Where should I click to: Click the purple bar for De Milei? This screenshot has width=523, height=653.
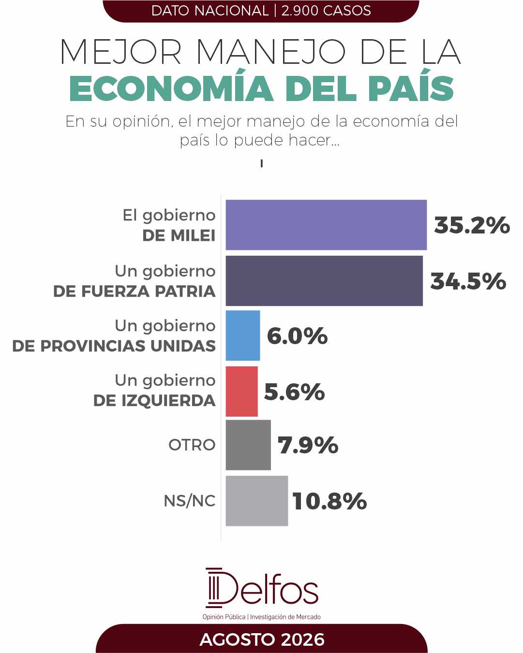tap(326, 225)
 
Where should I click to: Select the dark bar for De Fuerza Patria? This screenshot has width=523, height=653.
tap(324, 281)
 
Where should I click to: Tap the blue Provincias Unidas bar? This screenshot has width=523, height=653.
tap(243, 335)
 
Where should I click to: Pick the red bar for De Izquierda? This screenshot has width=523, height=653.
tap(241, 391)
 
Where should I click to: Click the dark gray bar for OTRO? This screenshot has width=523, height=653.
tap(248, 445)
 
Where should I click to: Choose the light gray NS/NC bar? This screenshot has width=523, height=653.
tap(256, 501)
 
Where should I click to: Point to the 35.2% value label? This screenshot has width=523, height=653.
tap(472, 225)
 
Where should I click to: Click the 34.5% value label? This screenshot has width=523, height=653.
tap(468, 281)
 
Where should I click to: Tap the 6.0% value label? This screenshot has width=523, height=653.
tap(298, 336)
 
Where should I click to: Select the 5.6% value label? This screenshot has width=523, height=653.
tap(294, 392)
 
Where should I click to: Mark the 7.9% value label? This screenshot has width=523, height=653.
tap(308, 446)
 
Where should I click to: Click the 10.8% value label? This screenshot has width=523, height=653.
tap(329, 501)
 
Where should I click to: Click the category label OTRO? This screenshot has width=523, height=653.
tap(192, 445)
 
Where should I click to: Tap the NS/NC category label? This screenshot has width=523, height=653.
tap(190, 501)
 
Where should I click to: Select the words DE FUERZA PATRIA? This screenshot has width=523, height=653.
tap(134, 291)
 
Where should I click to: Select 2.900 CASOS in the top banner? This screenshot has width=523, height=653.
tap(326, 11)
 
